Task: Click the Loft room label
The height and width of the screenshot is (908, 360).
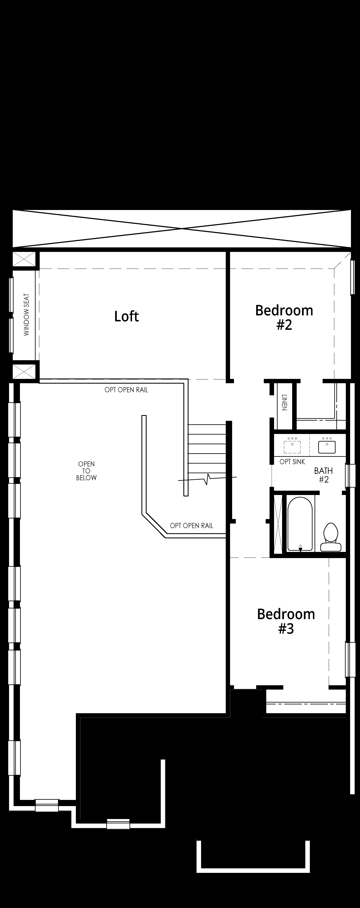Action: pos(126,316)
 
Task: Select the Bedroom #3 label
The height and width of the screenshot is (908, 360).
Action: pos(286,621)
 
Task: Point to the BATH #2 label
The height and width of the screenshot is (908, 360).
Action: pos(324,475)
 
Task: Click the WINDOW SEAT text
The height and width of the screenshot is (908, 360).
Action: pos(27,315)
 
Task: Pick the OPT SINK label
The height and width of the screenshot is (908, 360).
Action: pos(292,461)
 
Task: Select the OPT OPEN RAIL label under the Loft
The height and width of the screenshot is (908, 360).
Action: pos(126,390)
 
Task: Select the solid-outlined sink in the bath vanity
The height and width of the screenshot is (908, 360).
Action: pos(327,445)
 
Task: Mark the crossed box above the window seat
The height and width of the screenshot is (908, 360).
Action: pos(24,259)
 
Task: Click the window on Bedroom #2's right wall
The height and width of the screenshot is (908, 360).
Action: pos(352,277)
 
